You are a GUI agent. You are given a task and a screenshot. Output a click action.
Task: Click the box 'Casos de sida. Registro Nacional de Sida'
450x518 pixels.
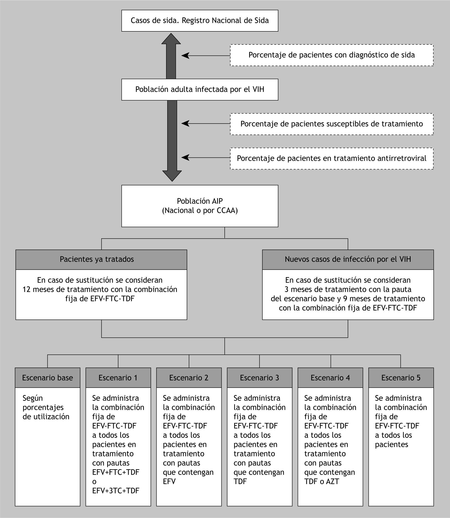[x=200, y=21]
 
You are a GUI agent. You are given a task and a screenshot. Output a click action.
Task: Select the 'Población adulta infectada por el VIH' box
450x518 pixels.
[x=200, y=90]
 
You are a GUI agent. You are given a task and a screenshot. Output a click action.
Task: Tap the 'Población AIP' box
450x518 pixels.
[x=200, y=206]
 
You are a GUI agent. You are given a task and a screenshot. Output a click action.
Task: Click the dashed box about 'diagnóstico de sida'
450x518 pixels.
[x=332, y=55]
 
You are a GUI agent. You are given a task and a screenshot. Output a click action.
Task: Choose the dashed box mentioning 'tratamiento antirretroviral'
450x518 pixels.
[x=332, y=158]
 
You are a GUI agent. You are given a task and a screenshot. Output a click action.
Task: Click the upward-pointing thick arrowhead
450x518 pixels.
[x=171, y=39]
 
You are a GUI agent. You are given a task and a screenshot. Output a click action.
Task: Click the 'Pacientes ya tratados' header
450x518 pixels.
[x=101, y=259]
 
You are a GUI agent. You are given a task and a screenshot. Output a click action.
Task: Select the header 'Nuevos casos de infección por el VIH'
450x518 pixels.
[x=348, y=259]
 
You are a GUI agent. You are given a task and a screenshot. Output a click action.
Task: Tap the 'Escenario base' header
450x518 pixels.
[x=47, y=378]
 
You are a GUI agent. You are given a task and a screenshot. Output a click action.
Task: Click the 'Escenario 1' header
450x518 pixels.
[x=118, y=378]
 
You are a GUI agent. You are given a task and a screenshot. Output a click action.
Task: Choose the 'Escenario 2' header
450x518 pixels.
[x=189, y=378]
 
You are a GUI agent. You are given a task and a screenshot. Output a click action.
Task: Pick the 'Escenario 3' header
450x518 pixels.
[x=260, y=378]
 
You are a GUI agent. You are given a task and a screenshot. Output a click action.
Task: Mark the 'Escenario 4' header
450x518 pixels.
[x=330, y=378]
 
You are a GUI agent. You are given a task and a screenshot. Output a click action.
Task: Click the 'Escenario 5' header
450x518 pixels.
[x=401, y=378]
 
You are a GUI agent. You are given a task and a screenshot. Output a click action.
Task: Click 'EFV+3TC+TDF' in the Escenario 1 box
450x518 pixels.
[x=116, y=491]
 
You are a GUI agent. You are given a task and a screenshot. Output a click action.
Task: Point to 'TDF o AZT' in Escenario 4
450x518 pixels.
[x=322, y=482]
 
